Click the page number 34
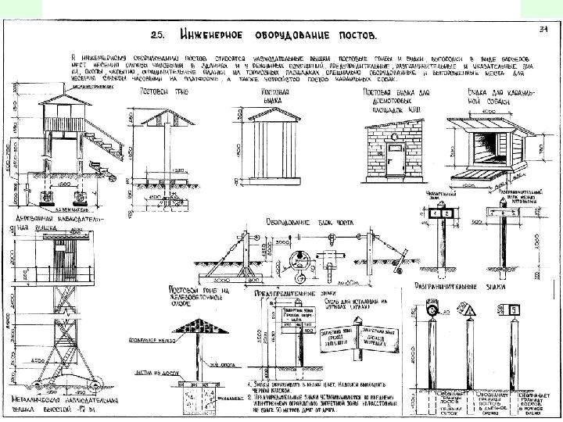[x=543, y=30]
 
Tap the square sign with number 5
[x=515, y=311]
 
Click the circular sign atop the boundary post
[x=432, y=312]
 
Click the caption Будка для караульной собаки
[x=491, y=96]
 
